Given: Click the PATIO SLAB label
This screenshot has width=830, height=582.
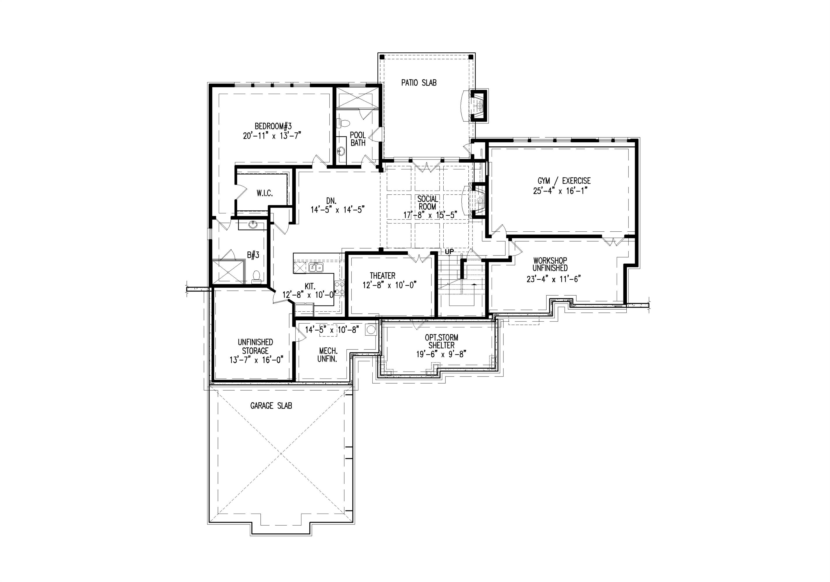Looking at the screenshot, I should point(419,83).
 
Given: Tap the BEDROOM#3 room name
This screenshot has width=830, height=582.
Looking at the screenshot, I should point(273,126).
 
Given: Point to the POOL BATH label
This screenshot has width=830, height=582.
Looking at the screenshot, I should point(358,139).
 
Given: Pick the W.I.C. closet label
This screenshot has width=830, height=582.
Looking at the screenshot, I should point(265,194).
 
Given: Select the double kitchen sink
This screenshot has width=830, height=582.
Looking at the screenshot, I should point(316,268).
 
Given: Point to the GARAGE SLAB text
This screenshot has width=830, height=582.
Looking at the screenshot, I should point(271,406).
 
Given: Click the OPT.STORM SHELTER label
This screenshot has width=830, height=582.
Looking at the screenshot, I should point(441,341).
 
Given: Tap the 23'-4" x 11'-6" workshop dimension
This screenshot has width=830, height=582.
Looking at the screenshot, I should point(553,279).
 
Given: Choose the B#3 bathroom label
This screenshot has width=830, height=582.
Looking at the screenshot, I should point(253,255).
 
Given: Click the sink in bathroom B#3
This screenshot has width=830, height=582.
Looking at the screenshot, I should point(253,226).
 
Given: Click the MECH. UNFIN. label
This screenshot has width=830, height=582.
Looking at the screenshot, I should point(328,355).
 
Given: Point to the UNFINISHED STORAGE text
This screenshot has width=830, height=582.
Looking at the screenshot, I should point(255,346).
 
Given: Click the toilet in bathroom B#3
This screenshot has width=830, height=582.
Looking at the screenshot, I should point(256,276).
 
